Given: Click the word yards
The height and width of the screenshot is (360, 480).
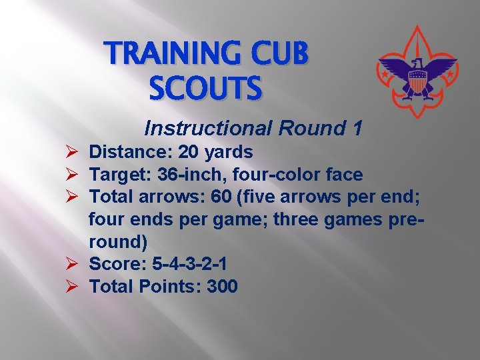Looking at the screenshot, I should click(229, 153).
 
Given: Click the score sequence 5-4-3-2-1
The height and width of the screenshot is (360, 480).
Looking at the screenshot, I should click(189, 265).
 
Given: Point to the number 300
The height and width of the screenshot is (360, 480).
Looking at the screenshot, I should click(222, 287).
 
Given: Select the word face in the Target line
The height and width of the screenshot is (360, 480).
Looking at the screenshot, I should click(344, 175).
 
